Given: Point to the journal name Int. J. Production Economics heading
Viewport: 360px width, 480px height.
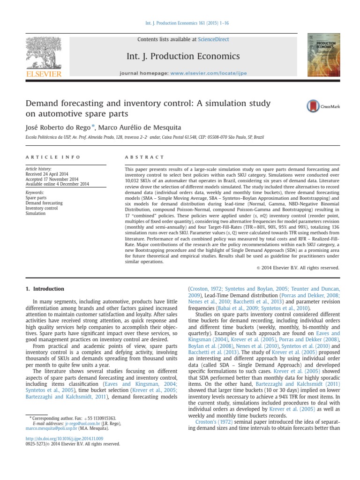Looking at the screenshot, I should (183, 57).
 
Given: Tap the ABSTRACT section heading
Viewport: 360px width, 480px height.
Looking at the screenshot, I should (144, 157).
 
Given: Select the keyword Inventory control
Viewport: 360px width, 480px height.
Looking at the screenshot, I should (42, 208).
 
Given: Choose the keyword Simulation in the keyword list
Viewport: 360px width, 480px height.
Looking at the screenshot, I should (36, 213).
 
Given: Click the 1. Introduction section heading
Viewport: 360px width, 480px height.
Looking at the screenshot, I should (45, 289).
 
